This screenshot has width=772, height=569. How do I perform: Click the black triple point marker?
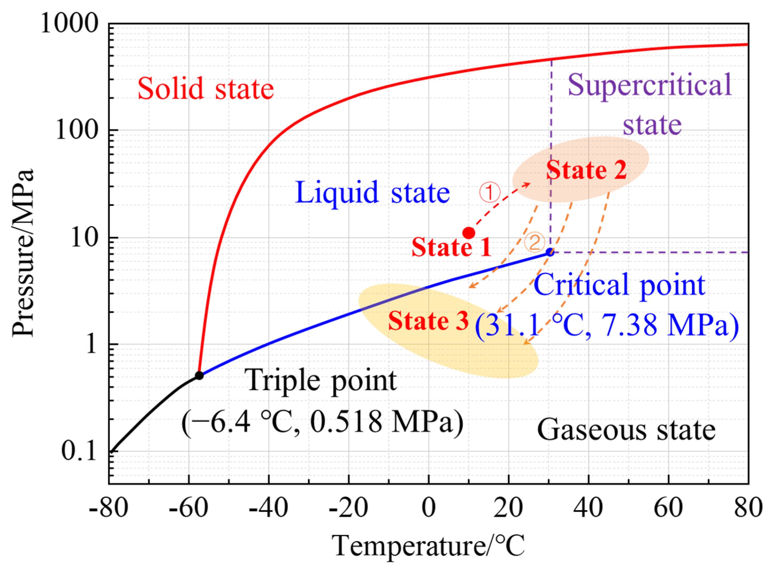(x=199, y=375)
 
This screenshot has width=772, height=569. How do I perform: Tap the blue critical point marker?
(x=550, y=252)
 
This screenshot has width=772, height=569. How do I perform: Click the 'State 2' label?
(x=586, y=170)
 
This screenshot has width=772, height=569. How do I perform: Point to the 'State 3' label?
(x=428, y=321)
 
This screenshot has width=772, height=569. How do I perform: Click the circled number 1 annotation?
(x=490, y=192)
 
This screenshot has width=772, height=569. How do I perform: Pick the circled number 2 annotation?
(x=534, y=242)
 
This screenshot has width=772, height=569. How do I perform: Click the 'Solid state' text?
(x=206, y=88)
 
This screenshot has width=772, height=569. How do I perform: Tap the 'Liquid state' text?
(x=372, y=192)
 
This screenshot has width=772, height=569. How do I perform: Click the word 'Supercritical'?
(x=649, y=85)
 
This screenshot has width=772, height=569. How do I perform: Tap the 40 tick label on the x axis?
(x=588, y=508)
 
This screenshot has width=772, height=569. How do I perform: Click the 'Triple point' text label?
(x=322, y=381)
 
